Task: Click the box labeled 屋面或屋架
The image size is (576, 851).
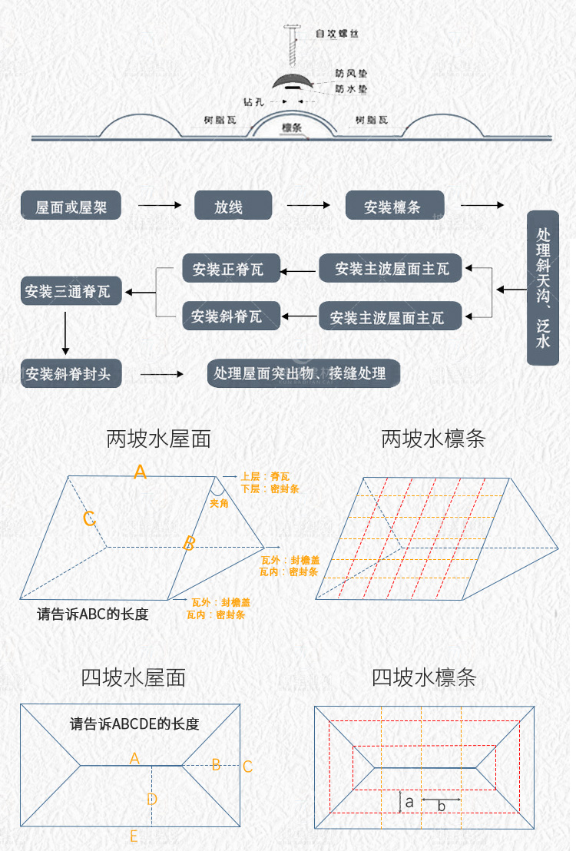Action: coord(71,207)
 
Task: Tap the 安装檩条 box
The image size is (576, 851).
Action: coord(392,206)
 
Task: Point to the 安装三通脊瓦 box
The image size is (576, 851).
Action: coord(67,292)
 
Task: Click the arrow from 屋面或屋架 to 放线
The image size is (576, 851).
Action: coord(159,206)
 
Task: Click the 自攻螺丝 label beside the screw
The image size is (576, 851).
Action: coord(336,35)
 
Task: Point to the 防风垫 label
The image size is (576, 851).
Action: coord(350,74)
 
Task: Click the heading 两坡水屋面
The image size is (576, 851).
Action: coord(158,439)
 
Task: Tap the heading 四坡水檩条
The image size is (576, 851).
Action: coord(424,677)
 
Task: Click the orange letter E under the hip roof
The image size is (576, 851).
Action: coord(134,836)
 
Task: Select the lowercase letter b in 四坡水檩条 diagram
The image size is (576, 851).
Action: coord(442,806)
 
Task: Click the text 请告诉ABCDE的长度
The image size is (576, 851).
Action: coord(134,724)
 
